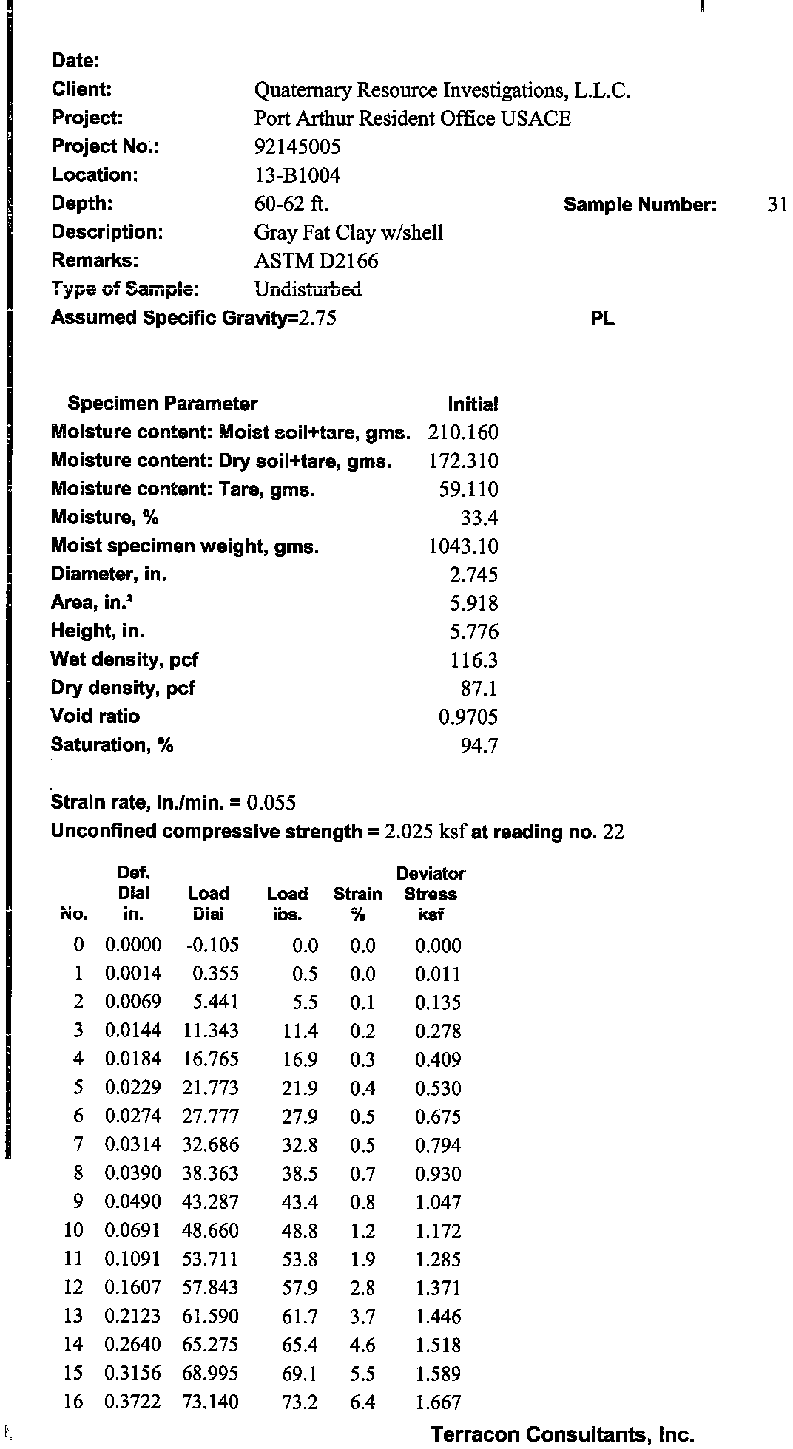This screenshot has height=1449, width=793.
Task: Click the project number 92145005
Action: click(x=297, y=146)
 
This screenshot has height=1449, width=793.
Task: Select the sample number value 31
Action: click(x=777, y=205)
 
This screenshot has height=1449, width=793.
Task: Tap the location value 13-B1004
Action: click(x=297, y=175)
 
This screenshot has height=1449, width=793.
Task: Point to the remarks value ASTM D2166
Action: click(x=316, y=261)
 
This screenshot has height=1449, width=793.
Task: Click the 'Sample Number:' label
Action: click(x=640, y=205)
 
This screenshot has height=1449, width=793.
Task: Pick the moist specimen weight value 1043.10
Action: click(x=463, y=546)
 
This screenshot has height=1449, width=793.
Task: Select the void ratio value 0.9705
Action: click(x=468, y=716)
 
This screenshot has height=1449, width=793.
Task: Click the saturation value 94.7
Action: click(x=479, y=745)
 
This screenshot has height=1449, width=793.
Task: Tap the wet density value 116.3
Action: click(x=474, y=659)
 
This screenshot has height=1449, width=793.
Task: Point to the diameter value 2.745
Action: click(x=474, y=574)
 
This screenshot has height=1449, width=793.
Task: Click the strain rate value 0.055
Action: click(x=271, y=803)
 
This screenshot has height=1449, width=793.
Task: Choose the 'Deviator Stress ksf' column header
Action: click(x=431, y=894)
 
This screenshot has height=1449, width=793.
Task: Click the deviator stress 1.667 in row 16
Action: click(x=438, y=1402)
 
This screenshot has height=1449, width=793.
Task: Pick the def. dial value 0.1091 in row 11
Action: click(x=133, y=1259)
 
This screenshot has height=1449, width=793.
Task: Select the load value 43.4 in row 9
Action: click(x=300, y=1202)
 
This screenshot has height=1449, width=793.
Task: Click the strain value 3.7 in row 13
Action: click(x=362, y=1317)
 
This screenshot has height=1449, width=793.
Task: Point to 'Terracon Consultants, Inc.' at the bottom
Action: click(x=562, y=1435)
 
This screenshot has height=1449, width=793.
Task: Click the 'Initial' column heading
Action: click(x=473, y=404)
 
